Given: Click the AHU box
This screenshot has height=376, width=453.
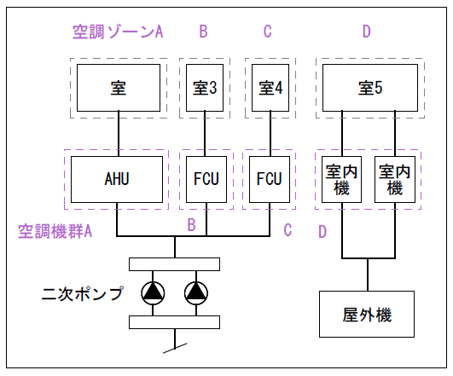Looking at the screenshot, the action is (x=117, y=179).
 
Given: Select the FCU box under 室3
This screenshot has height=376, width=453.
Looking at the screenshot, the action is (x=206, y=179).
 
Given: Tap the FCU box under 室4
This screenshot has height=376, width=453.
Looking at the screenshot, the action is (x=270, y=179).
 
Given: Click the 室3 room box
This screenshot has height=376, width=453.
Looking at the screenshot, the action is (x=205, y=88).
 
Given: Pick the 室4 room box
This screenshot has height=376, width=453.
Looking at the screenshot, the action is (x=270, y=88).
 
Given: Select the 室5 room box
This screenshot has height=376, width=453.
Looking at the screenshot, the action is (x=370, y=88).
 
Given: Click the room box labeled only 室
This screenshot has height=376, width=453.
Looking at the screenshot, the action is (x=119, y=88).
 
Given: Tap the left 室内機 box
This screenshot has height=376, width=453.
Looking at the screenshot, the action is (x=341, y=179).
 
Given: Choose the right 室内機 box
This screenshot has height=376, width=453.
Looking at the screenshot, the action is (x=395, y=179).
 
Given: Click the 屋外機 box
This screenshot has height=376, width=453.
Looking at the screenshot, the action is (x=367, y=315).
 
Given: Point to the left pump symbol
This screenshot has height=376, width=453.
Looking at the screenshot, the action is (x=153, y=293).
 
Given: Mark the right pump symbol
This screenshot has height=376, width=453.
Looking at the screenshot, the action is (x=196, y=293).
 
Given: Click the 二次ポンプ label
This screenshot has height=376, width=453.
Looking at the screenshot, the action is (x=83, y=293).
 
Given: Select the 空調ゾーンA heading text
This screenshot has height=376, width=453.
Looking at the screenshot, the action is (x=118, y=32).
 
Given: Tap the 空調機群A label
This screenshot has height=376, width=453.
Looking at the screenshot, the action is (x=55, y=231).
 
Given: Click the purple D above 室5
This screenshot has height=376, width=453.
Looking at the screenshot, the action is (x=367, y=32).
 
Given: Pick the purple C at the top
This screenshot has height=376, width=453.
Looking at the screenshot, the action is (x=268, y=32).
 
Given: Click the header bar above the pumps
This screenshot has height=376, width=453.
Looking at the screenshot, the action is (x=175, y=264).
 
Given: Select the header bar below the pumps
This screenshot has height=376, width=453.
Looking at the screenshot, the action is (x=175, y=322).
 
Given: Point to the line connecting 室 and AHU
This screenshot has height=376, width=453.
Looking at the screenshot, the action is (x=119, y=134).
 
